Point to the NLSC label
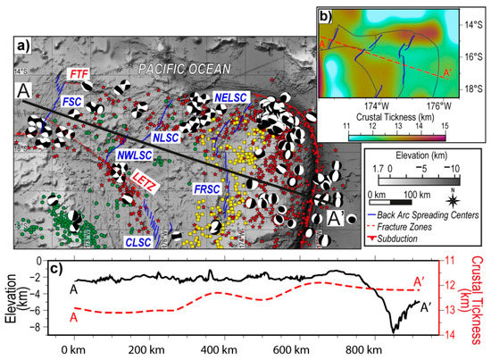(x=165, y=137)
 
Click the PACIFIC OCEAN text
(x=186, y=69)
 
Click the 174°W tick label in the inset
(x=362, y=104)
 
